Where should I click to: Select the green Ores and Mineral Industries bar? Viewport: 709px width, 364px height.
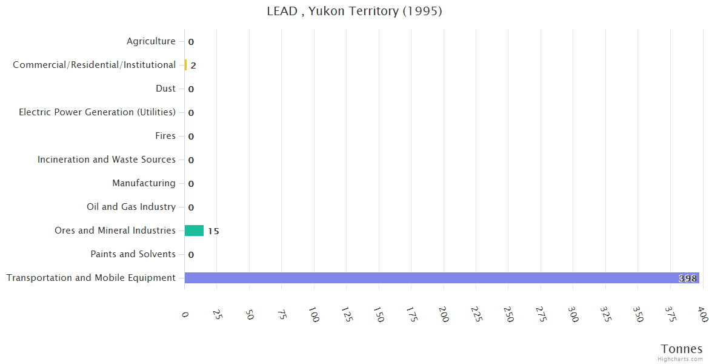click(x=194, y=231)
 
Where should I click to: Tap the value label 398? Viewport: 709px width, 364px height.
click(x=688, y=278)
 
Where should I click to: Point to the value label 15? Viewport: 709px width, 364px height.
click(x=213, y=231)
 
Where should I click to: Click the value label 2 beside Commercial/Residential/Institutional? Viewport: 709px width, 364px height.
click(x=193, y=66)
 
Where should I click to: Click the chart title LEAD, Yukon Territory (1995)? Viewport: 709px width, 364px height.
click(x=354, y=11)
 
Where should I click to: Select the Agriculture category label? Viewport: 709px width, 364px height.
click(x=151, y=41)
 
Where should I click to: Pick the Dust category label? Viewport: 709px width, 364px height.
click(x=165, y=89)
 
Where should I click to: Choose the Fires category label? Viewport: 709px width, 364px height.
click(x=165, y=136)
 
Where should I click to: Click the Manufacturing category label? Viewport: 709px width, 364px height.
click(x=144, y=183)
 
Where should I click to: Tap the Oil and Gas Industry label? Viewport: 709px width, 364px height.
click(x=131, y=207)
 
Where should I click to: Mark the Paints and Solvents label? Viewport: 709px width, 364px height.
click(x=133, y=254)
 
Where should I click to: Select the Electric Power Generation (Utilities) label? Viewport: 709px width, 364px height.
click(x=97, y=112)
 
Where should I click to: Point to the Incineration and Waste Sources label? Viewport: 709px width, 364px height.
click(x=106, y=160)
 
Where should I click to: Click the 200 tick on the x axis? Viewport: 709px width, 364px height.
click(x=444, y=314)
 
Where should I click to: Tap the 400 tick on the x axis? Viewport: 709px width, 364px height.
click(x=702, y=314)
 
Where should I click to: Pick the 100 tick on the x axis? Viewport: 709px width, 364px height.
click(x=314, y=314)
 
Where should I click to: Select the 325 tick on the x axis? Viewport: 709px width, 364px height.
click(x=605, y=314)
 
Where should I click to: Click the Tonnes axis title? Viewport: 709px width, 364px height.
click(x=681, y=349)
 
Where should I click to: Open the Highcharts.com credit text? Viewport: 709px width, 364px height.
click(x=680, y=359)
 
